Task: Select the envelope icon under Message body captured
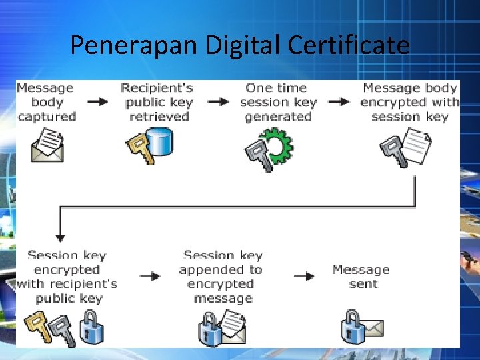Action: point(47,146)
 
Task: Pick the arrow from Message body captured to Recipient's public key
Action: point(97,102)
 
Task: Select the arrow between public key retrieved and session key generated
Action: point(217,102)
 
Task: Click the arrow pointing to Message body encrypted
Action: point(339,102)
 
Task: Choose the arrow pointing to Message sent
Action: point(304,276)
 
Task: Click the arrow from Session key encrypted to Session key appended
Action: point(151,276)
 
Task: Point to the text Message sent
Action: point(361,276)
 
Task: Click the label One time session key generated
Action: point(277,102)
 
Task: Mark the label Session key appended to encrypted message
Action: point(221,276)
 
